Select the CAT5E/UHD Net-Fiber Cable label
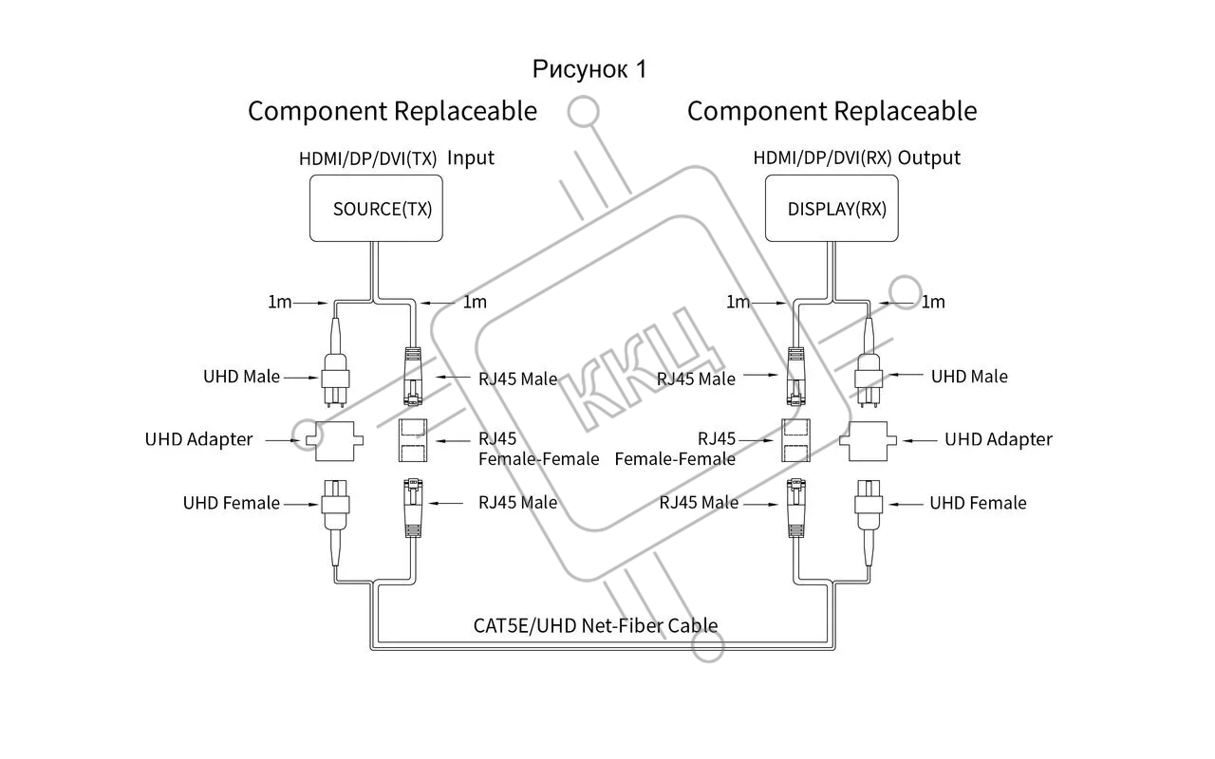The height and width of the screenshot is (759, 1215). click(595, 625)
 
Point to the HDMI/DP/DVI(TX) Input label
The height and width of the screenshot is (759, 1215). click(397, 158)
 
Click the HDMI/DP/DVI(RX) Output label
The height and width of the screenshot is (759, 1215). click(856, 157)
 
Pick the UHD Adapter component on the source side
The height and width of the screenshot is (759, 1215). click(334, 440)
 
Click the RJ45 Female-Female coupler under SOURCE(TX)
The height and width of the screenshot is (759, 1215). click(413, 440)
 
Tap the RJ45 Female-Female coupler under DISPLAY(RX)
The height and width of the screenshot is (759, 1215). click(795, 440)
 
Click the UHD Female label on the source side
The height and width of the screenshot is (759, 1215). click(231, 503)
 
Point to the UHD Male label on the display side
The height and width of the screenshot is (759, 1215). click(968, 377)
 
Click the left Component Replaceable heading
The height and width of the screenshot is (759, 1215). click(392, 111)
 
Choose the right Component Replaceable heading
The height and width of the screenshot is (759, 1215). click(832, 111)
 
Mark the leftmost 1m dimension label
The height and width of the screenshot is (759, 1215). click(280, 302)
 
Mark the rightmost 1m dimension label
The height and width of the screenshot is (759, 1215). click(933, 302)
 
